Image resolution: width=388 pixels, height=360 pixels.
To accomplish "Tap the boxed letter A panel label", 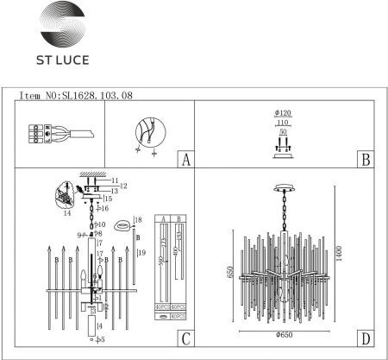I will pyautogui.click(x=184, y=160).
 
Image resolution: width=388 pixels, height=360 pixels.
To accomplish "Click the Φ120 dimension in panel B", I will pyautogui.click(x=281, y=114).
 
